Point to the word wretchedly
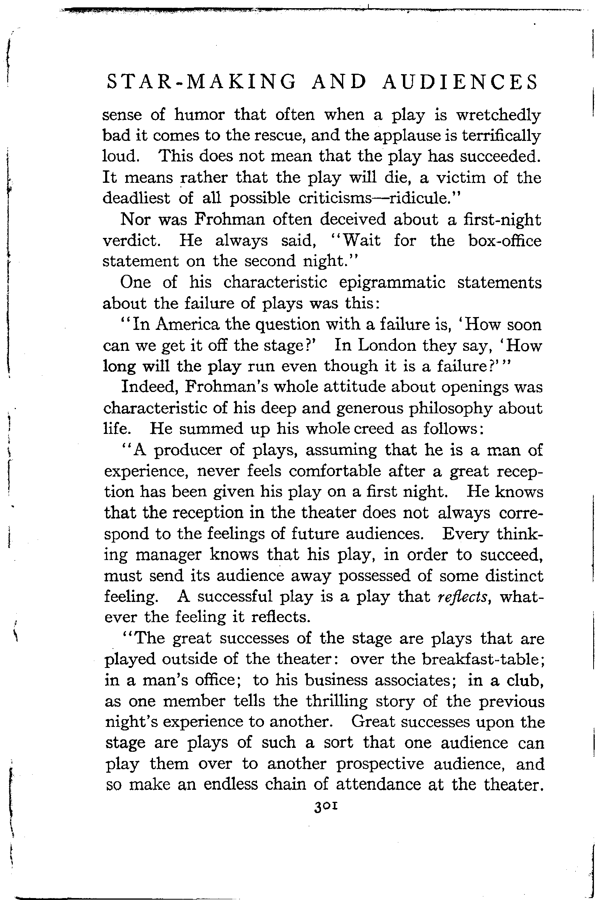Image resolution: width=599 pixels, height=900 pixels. [498, 116]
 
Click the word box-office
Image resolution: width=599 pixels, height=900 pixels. [505, 241]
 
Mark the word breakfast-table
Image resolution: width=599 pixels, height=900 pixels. [472, 659]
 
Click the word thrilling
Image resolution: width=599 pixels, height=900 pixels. [336, 701]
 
